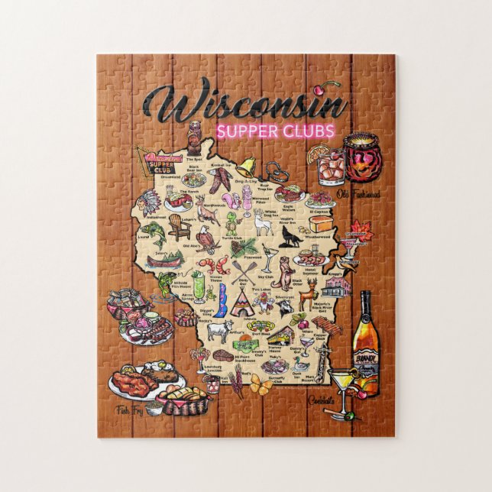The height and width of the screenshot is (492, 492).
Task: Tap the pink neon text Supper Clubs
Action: pyautogui.click(x=276, y=131)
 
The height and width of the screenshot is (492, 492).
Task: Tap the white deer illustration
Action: pyautogui.click(x=264, y=222)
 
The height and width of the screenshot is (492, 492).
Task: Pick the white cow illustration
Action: pyautogui.click(x=220, y=329)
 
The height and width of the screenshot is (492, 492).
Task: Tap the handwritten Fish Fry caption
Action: pyautogui.click(x=129, y=411)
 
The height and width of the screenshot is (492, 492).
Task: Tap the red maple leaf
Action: pyautogui.click(x=358, y=228)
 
